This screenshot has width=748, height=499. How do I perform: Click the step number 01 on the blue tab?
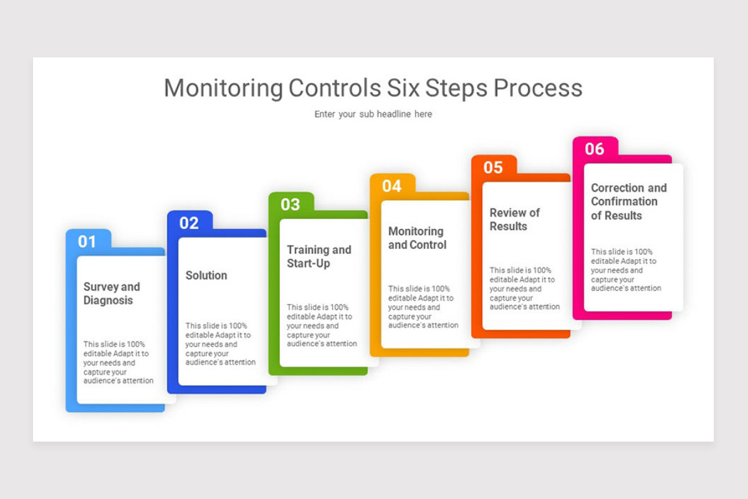coord(87,241)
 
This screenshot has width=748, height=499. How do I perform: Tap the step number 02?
coord(189,223)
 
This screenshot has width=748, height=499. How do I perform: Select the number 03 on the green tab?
coord(290,204)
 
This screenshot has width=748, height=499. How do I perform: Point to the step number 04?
coord(392,186)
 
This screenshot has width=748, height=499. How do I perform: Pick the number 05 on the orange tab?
coord(493,167)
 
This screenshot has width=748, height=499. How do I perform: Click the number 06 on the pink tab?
coord(595,148)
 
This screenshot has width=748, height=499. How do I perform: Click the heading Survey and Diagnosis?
coord(112,293)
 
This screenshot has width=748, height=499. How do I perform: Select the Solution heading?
coord(206,275)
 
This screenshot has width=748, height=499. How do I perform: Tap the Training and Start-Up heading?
coord(319,256)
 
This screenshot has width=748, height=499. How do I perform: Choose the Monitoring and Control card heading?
coord(417,238)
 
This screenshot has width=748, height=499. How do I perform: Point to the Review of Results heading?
coord(514,219)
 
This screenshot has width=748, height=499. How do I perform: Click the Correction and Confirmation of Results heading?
coord(628,201)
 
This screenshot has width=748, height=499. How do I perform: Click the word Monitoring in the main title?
coord(223,88)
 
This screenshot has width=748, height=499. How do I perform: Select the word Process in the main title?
coord(538,88)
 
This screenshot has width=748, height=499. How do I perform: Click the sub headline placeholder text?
coord(373,114)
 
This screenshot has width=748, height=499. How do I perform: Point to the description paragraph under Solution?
coord(221,344)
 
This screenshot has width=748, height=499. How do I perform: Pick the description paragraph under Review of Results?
coord(524,288)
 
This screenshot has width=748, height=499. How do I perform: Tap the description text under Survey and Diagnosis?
coord(118,362)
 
